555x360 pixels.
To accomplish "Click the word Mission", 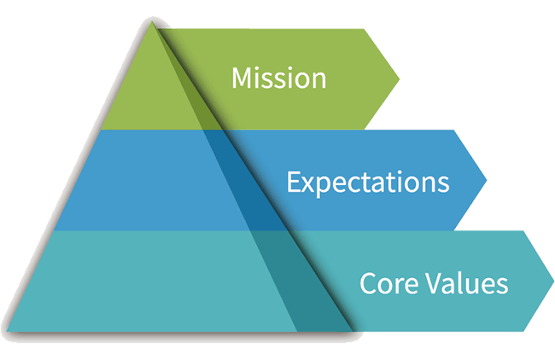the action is point(279,78).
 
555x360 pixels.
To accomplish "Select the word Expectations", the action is point(368,183).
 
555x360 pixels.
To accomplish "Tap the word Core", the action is point(389,283).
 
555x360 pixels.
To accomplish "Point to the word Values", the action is point(466,282).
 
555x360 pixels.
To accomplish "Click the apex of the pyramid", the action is point(152,21).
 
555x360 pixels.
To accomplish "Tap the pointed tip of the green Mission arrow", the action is point(400,79).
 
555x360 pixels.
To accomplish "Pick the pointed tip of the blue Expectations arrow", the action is point(487,180).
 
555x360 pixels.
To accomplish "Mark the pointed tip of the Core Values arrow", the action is point(554,282).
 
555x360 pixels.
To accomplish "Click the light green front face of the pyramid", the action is point(149,96).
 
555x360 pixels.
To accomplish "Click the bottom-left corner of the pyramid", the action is point(7,331).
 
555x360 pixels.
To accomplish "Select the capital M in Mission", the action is point(242,78).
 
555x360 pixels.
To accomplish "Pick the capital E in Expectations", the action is point(294,182).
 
